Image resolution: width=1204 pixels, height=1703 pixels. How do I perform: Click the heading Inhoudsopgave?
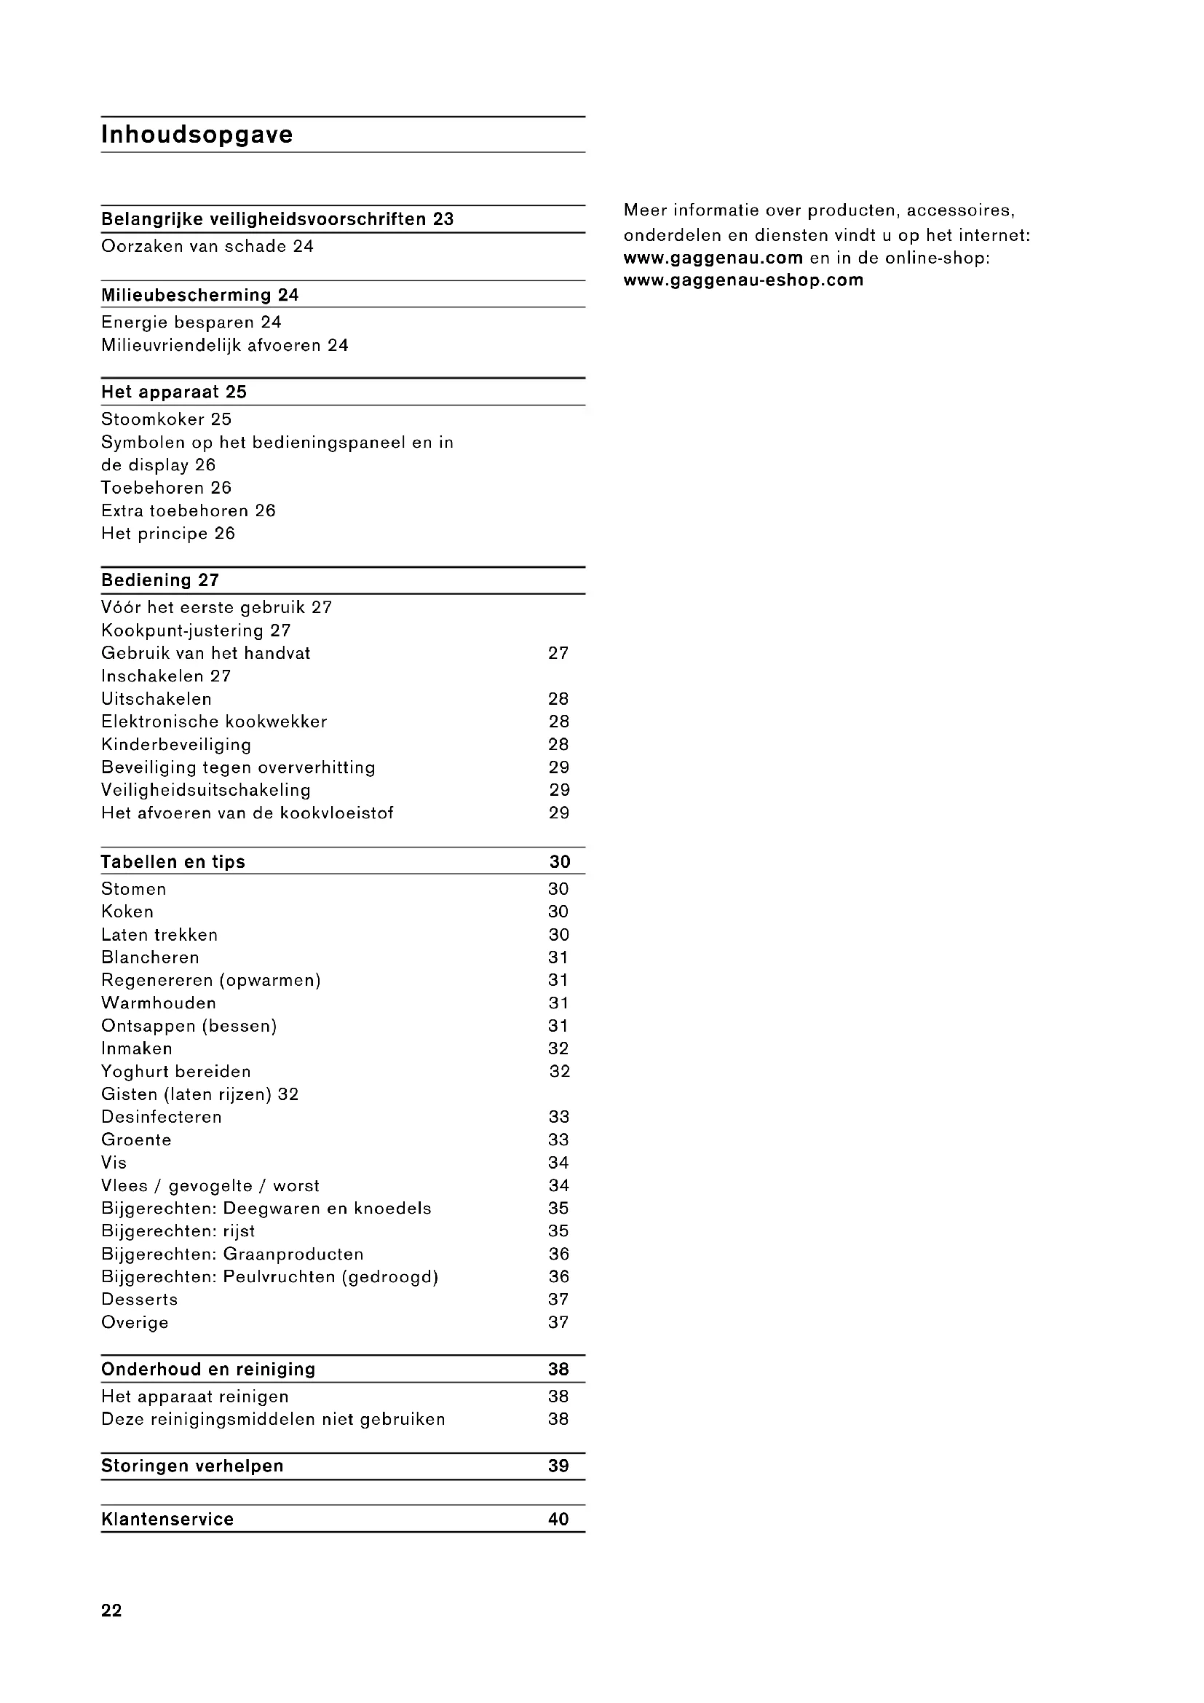197,135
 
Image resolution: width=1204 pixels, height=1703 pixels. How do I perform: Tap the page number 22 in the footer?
111,1611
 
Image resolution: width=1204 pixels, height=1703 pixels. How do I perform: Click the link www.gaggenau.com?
713,258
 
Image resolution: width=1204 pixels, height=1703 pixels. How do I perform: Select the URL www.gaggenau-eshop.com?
743,280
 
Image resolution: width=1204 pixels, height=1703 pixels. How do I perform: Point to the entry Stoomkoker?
153,419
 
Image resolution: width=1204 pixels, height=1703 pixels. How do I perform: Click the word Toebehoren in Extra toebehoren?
199,510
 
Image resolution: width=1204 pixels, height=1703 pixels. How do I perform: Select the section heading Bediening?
146,580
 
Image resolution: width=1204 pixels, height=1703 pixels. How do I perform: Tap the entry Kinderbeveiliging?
175,744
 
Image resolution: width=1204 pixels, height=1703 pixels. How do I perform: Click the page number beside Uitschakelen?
558,699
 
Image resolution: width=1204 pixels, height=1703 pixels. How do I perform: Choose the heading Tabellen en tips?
173,861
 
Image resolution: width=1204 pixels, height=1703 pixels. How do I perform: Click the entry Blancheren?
150,957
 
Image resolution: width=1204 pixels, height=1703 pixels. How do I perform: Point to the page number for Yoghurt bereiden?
559,1071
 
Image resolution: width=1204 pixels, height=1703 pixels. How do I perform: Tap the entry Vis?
114,1162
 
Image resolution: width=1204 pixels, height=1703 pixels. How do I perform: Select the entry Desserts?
139,1300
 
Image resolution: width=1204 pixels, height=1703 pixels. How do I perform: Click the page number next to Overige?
558,1322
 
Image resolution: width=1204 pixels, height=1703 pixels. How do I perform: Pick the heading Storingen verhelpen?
192,1466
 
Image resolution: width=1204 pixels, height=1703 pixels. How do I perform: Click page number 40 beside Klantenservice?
558,1519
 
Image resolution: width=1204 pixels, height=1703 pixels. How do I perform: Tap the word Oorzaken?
130,246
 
